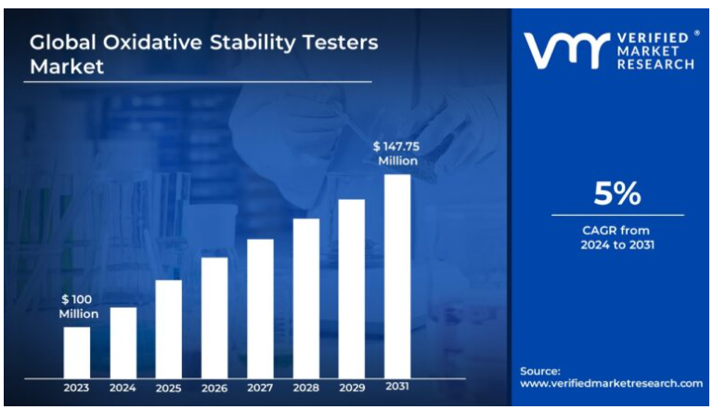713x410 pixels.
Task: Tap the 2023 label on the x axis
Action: [x=77, y=387]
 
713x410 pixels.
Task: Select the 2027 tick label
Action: [x=260, y=387]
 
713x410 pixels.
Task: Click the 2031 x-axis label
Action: [x=397, y=387]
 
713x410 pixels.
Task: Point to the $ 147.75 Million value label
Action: [x=397, y=153]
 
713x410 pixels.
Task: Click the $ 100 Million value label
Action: [x=79, y=307]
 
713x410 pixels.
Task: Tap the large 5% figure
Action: [x=617, y=193]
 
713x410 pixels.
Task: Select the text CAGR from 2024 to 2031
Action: [x=617, y=237]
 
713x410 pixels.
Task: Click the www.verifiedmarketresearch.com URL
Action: [x=611, y=383]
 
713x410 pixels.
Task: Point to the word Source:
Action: [x=540, y=370]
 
